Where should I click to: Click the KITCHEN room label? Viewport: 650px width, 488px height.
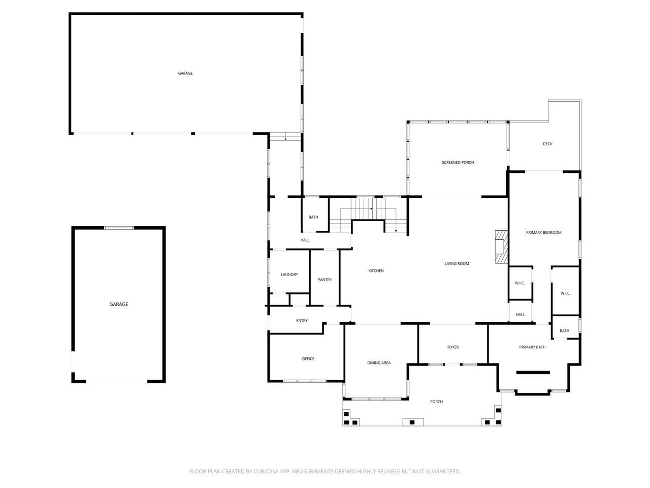(x=376, y=271)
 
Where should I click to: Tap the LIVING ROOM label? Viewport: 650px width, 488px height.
(x=457, y=264)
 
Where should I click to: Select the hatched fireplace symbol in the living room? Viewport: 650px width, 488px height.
(x=501, y=247)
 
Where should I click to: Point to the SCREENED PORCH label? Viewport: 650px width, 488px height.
(x=458, y=163)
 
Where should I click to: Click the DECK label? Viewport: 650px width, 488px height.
(x=547, y=144)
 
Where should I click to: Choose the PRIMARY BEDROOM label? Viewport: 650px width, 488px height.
(x=543, y=233)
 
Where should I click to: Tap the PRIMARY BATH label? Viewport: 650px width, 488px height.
(x=532, y=347)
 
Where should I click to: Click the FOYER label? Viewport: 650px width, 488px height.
(x=452, y=347)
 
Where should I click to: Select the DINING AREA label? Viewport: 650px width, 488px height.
(x=379, y=363)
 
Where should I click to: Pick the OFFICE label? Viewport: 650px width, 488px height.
(x=308, y=359)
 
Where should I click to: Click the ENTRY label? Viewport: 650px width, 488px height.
(x=302, y=321)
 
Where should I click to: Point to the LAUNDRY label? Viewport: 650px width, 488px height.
(x=289, y=274)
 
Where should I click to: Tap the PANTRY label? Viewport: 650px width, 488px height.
(x=324, y=280)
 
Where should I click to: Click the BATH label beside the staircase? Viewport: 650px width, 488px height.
(x=313, y=218)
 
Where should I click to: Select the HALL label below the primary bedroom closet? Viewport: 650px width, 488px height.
(x=520, y=315)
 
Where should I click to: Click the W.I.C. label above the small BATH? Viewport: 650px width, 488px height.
(x=565, y=293)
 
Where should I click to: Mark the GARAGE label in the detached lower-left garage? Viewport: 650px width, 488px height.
(x=119, y=304)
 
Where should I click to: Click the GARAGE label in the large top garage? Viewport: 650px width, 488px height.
(x=185, y=74)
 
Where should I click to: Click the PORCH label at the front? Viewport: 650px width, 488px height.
(x=436, y=402)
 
